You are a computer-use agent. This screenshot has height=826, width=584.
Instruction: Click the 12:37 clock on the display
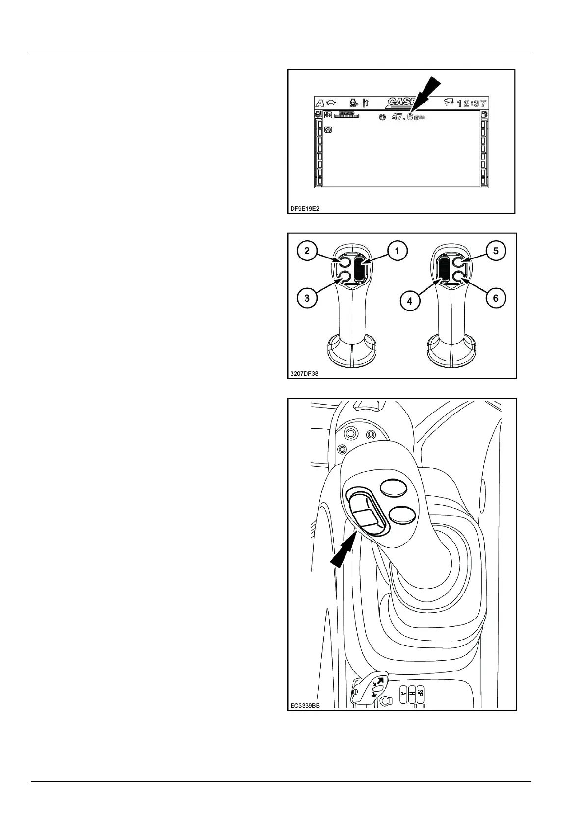point(472,103)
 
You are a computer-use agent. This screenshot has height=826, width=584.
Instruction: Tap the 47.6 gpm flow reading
point(407,117)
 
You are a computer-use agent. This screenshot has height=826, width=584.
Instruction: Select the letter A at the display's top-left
point(320,103)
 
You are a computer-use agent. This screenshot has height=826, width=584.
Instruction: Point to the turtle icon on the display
point(331,103)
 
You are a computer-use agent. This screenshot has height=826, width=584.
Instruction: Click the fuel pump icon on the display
point(484,115)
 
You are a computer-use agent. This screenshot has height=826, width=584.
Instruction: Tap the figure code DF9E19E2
point(305,208)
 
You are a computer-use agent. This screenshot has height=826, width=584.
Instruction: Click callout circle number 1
point(397,251)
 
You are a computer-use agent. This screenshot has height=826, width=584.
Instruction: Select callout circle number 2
point(307,251)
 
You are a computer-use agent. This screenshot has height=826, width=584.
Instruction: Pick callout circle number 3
point(307,298)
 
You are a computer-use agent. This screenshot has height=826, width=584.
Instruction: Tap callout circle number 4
point(410,301)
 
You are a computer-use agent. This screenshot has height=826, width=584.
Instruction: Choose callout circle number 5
point(496,251)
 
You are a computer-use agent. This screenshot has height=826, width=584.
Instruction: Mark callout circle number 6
point(496,298)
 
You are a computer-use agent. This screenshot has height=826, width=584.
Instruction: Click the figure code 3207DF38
point(304,373)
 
